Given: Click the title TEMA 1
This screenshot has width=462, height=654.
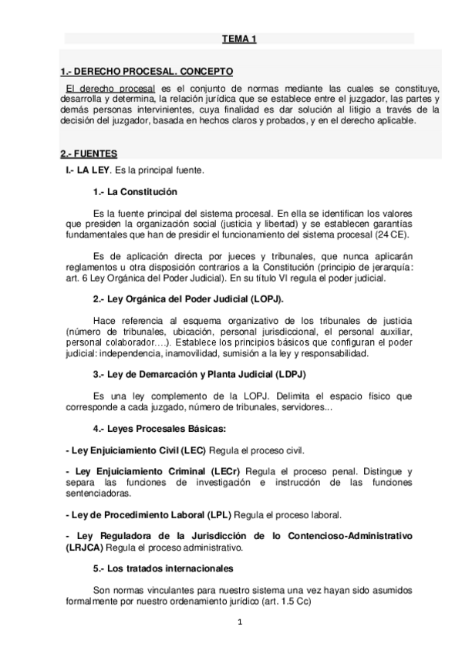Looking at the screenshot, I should [x=239, y=38].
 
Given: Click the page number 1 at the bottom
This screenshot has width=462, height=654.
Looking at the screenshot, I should [x=240, y=622].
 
